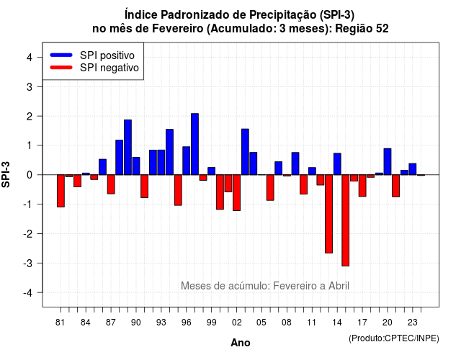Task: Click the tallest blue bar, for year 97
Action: point(194,144)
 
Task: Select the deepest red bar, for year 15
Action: point(346,220)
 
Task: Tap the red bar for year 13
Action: point(328,214)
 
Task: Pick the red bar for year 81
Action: point(61,191)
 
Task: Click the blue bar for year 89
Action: point(127,147)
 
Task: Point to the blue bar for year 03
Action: point(245,152)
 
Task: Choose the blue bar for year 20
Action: point(388,161)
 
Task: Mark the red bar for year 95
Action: point(178,190)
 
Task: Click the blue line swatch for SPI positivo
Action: point(61,55)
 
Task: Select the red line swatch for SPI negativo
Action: point(61,68)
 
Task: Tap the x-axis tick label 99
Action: point(211,323)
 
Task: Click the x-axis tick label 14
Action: point(337,323)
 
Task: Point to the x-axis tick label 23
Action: point(412,323)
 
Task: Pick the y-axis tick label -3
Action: point(28,263)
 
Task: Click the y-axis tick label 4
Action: point(30,57)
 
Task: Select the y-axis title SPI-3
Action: point(6,174)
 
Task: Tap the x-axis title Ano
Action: point(241,343)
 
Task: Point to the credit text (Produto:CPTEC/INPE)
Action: point(394,338)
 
